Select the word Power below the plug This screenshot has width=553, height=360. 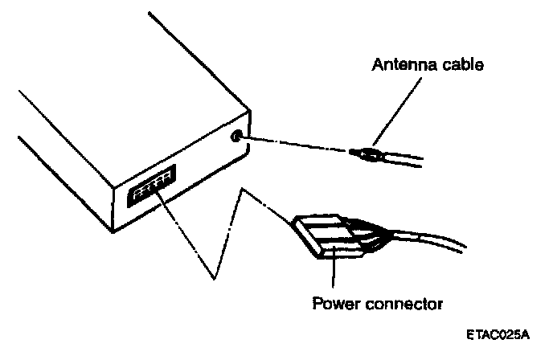[332, 304]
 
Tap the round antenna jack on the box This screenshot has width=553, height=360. [236, 136]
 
